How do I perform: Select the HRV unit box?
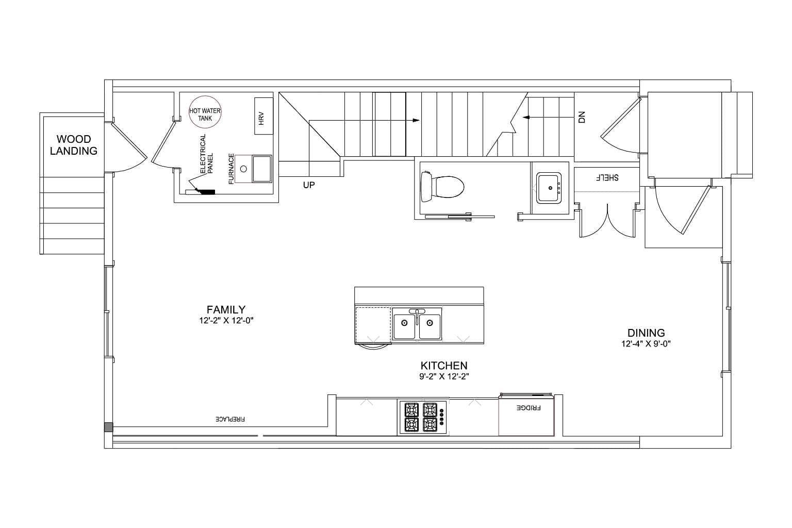pyautogui.click(x=264, y=116)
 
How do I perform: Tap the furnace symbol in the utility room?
pyautogui.click(x=254, y=169)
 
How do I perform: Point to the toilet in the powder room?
pyautogui.click(x=442, y=186)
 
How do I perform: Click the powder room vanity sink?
pyautogui.click(x=549, y=188)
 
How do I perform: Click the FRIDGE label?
pyautogui.click(x=529, y=408)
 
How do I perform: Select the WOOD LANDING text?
pyautogui.click(x=74, y=145)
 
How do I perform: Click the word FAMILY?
pyautogui.click(x=226, y=310)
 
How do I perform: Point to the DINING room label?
pyautogui.click(x=646, y=333)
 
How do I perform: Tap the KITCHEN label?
pyautogui.click(x=444, y=366)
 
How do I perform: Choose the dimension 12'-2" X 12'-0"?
pyautogui.click(x=226, y=321)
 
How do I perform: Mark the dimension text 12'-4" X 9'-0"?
pyautogui.click(x=646, y=344)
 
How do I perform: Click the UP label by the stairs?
pyautogui.click(x=309, y=185)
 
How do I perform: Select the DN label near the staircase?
pyautogui.click(x=582, y=117)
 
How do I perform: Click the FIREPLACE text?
pyautogui.click(x=230, y=419)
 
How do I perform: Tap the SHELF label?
pyautogui.click(x=607, y=177)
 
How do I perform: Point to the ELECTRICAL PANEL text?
pyautogui.click(x=206, y=154)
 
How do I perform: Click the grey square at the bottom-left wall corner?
pyautogui.click(x=109, y=427)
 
